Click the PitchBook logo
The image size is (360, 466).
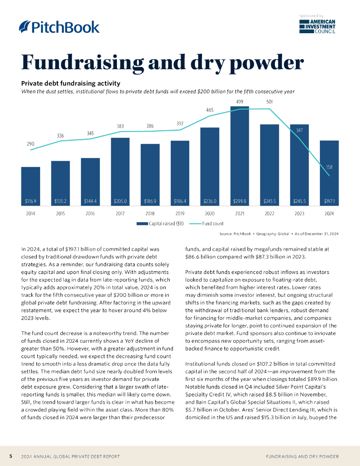59,27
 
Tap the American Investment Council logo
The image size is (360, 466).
317,27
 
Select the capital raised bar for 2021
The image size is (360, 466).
239,155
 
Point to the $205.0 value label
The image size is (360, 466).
120,201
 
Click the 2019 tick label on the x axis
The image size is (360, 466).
180,213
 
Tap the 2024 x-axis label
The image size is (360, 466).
329,213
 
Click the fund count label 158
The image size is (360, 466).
329,167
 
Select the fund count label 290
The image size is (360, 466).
30,144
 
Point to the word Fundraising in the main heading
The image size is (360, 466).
80,62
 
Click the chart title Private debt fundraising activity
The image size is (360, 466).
71,83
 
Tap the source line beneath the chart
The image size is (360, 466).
279,233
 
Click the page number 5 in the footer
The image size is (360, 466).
10,456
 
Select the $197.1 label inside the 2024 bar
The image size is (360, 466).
329,201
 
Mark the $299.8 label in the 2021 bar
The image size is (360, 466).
239,201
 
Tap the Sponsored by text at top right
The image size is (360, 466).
311,16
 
